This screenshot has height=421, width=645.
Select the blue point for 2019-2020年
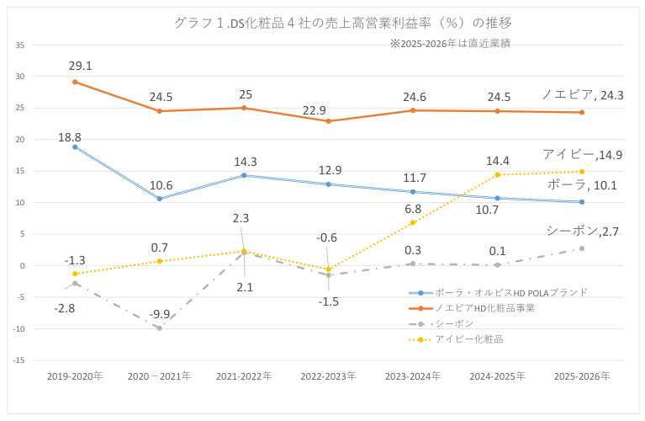click(75, 147)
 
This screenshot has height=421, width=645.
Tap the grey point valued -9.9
click(159, 328)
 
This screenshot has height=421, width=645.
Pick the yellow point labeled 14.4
click(498, 174)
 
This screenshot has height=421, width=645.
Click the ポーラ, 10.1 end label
click(583, 184)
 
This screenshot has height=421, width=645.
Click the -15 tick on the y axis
click(19, 360)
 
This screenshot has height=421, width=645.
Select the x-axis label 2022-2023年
click(328, 376)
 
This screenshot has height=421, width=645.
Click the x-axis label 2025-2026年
click(582, 376)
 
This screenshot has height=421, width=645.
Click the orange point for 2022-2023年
click(328, 121)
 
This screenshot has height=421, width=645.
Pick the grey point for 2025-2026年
click(582, 248)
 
